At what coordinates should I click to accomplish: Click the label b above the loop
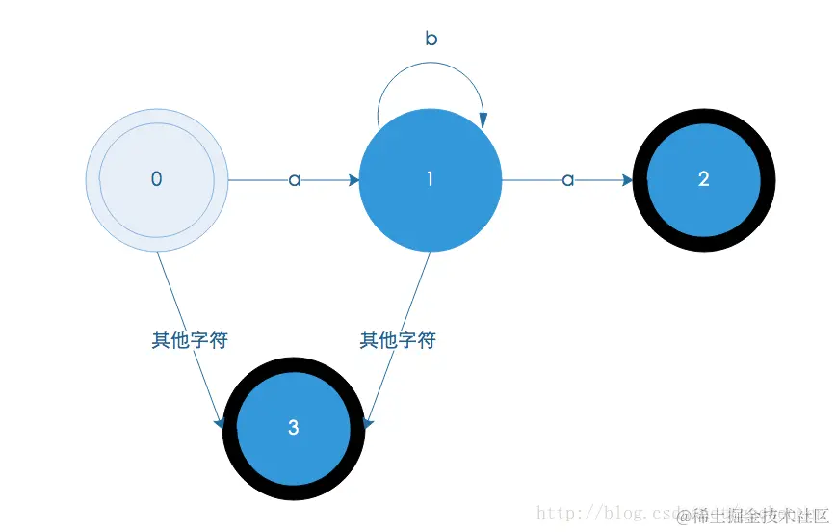click(x=431, y=39)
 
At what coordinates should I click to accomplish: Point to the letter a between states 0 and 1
click(x=295, y=179)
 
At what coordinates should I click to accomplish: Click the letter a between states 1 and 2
click(x=568, y=179)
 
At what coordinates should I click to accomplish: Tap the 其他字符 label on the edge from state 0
click(x=190, y=340)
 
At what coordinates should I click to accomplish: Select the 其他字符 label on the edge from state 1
click(x=398, y=340)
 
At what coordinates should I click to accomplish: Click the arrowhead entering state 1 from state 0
click(x=353, y=179)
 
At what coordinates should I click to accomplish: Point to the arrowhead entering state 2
click(x=627, y=179)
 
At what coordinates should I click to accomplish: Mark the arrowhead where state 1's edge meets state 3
click(x=369, y=422)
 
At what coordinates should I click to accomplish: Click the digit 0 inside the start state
click(x=157, y=179)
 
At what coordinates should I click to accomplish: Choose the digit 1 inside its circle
click(x=430, y=179)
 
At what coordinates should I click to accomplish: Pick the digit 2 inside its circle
click(x=704, y=179)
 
